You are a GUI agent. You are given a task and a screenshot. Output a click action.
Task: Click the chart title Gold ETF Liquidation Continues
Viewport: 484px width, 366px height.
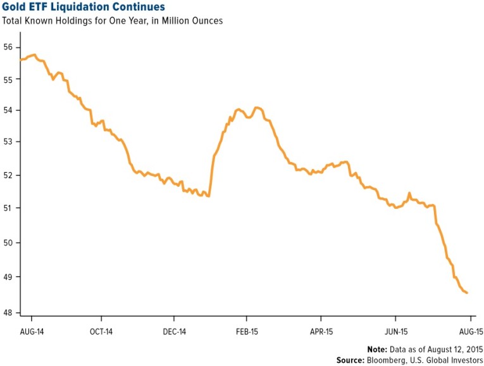click(x=84, y=7)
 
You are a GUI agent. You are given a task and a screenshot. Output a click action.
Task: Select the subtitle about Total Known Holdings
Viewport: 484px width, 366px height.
click(x=113, y=21)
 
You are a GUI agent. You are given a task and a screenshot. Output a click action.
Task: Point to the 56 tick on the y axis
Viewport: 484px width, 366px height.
click(x=8, y=47)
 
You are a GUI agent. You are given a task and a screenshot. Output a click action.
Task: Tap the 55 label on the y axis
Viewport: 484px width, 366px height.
click(x=8, y=79)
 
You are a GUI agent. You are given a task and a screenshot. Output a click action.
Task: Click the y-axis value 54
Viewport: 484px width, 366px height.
click(x=8, y=111)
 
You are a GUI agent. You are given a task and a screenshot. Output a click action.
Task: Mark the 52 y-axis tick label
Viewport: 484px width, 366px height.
click(x=8, y=175)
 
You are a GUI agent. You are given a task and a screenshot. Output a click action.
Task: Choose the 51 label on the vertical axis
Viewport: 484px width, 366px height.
click(x=8, y=208)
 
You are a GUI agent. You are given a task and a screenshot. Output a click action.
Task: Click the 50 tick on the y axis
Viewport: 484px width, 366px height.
click(x=8, y=243)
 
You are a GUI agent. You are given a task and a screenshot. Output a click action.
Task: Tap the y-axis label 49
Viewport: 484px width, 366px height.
click(x=8, y=277)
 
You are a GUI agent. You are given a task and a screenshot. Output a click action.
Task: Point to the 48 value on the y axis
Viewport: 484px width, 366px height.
click(x=8, y=312)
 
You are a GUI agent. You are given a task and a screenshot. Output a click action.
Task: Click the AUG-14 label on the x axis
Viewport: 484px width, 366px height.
click(x=32, y=331)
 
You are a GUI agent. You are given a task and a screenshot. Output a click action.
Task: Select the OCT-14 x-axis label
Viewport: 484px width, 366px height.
click(x=101, y=331)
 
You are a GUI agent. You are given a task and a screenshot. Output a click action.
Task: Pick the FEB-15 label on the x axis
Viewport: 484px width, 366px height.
click(x=246, y=331)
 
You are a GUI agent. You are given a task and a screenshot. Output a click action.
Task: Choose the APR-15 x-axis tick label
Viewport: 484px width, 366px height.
click(x=321, y=331)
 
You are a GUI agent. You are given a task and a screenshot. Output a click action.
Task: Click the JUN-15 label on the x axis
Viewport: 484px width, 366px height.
click(x=395, y=331)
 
